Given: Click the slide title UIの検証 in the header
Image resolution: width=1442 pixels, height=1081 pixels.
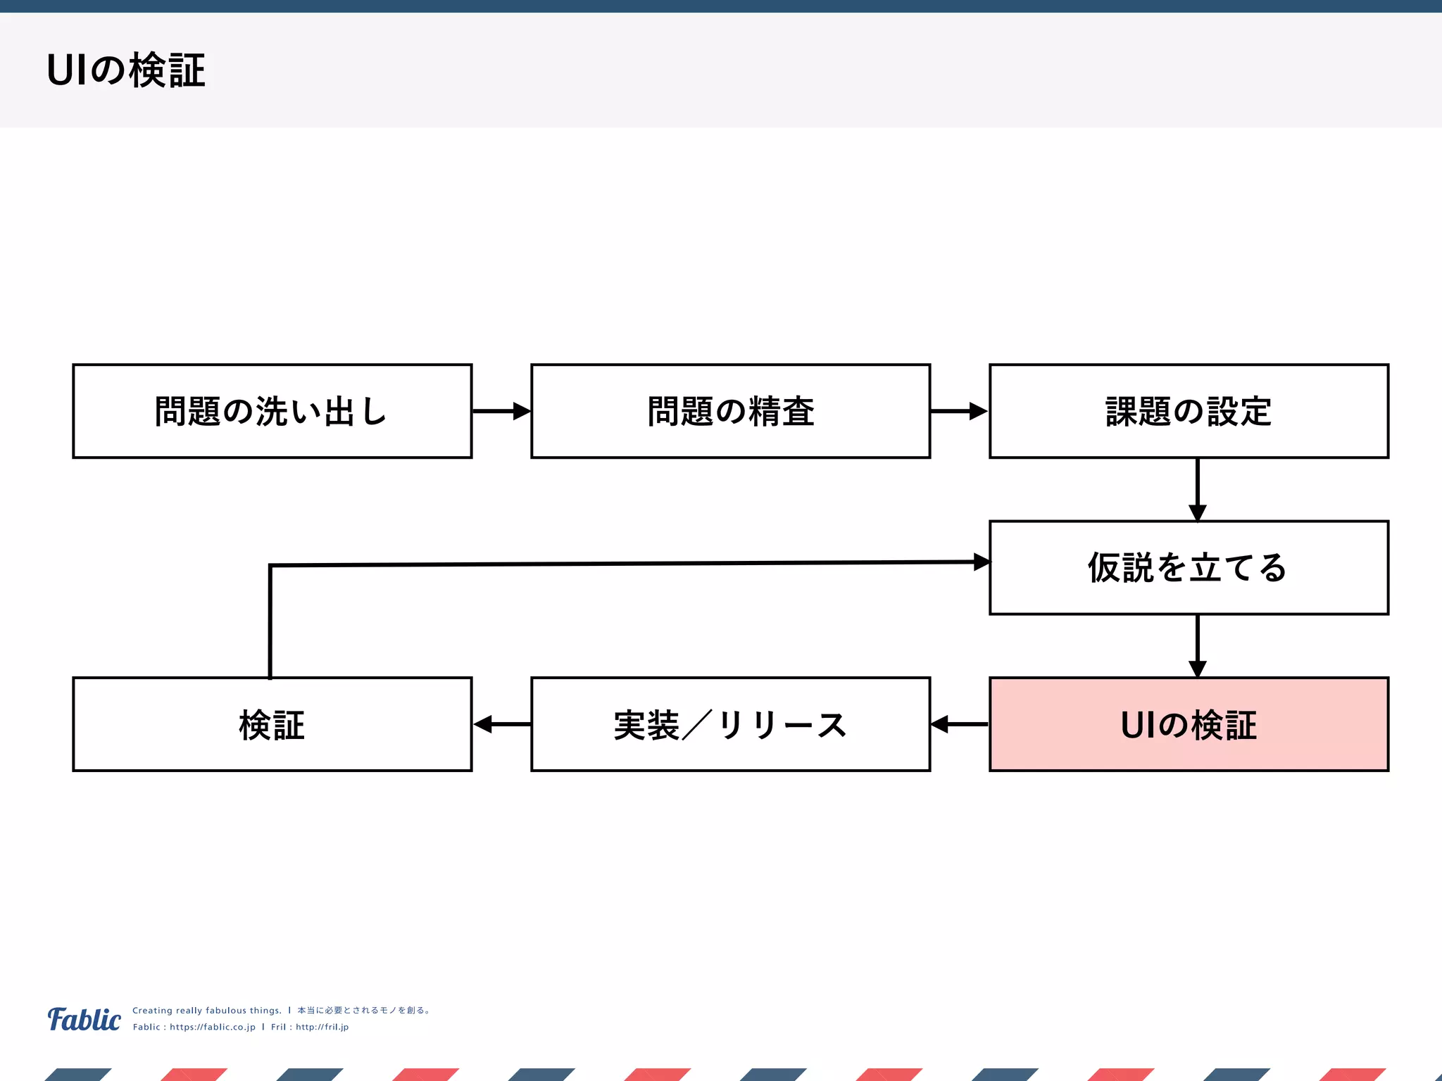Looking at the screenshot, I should (126, 70).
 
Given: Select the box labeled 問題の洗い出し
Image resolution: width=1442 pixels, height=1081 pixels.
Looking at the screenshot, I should (272, 412).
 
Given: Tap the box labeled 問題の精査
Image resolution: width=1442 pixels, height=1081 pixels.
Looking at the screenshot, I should (730, 412).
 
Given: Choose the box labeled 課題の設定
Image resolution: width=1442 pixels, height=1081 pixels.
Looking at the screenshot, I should (1189, 412).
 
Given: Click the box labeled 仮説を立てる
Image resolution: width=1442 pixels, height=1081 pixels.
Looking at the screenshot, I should (1189, 568).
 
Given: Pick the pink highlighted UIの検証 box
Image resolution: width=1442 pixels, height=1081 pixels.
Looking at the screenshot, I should (1189, 725).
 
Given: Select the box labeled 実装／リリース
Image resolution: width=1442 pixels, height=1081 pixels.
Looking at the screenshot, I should (730, 725).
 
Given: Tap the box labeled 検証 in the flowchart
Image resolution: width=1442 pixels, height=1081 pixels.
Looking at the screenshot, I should (272, 725).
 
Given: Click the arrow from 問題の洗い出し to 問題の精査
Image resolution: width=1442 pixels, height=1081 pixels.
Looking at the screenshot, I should (501, 411).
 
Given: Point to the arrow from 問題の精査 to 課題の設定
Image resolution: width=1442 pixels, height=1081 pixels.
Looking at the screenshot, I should (959, 411).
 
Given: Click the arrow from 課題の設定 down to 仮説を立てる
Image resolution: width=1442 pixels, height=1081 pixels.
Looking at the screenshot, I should (1198, 489).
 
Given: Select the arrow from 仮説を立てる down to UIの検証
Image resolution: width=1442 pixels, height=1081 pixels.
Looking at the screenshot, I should (1198, 645).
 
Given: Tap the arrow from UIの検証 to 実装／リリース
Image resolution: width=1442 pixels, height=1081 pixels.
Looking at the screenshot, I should (959, 724).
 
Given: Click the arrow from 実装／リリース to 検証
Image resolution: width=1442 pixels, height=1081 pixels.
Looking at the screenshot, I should (501, 724).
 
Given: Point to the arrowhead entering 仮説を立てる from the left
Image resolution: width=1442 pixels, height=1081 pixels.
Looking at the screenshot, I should (982, 562).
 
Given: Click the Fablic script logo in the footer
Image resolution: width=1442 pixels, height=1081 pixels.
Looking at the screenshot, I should (84, 1019).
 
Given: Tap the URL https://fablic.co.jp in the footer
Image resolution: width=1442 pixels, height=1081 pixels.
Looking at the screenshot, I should (213, 1027).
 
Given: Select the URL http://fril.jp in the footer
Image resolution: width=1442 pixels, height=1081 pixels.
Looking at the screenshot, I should (322, 1027).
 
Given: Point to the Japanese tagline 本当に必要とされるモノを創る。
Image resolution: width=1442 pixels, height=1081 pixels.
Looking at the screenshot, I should (364, 1011).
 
